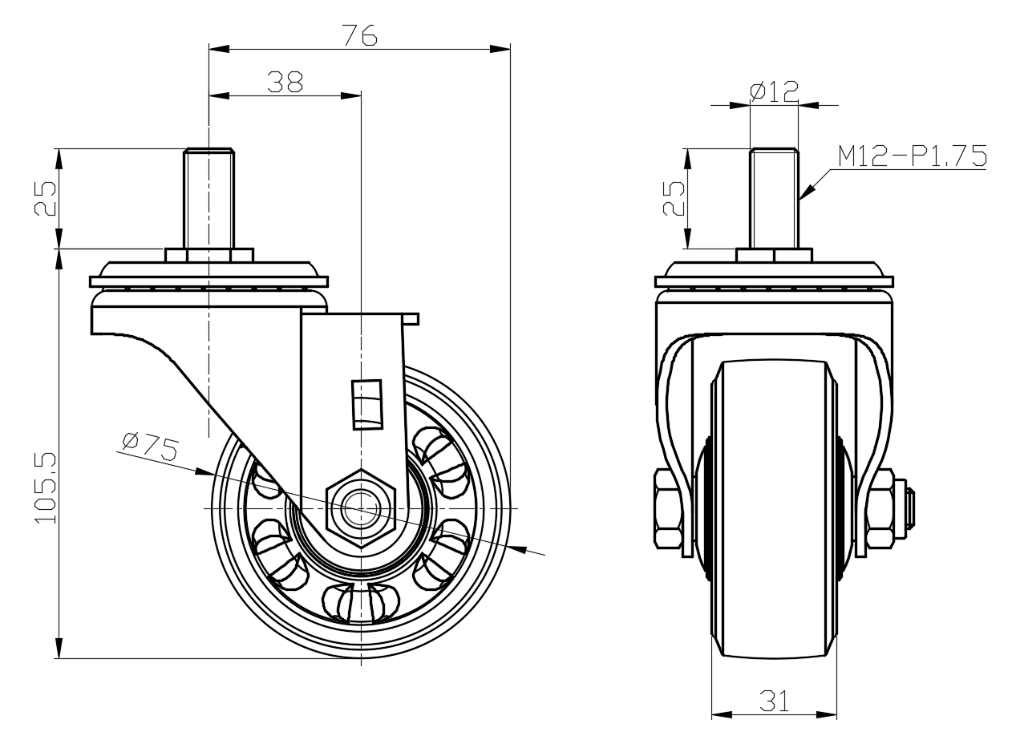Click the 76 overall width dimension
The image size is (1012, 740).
(359, 35)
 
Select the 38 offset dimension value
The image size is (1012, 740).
(285, 82)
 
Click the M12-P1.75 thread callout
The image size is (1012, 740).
(911, 156)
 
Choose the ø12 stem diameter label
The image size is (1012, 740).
(774, 91)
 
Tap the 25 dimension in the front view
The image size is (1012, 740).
(674, 198)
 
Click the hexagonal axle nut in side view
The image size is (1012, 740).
(361, 508)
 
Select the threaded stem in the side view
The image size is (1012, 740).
(209, 198)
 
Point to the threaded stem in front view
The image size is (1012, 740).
(774, 198)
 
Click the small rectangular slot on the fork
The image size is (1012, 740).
(368, 404)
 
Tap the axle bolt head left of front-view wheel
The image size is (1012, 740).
(668, 508)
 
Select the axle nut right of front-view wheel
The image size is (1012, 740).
(881, 508)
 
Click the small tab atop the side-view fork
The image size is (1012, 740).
(411, 319)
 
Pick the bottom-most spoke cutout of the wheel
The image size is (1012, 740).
(358, 603)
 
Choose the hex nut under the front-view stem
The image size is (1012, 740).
(774, 255)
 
